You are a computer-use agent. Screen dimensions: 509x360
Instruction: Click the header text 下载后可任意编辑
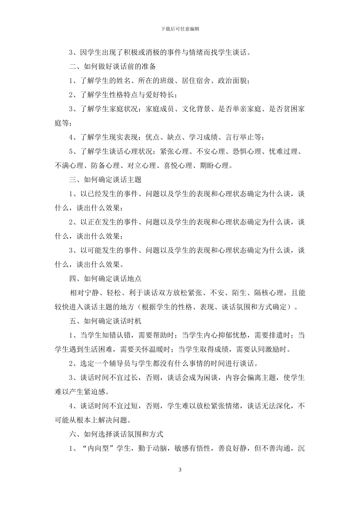180,29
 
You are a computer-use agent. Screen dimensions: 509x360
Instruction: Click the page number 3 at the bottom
180,470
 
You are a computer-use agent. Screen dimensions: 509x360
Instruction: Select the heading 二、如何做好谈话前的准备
113,67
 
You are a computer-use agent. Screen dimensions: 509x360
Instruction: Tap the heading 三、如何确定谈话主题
105,180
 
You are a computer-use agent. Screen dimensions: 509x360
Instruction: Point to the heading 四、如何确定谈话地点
105,279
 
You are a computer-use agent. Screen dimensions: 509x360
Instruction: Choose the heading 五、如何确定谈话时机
105,321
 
